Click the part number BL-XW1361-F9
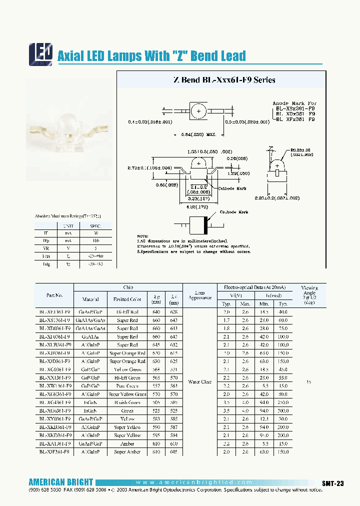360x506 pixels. click(x=54, y=386)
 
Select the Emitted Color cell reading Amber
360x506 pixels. click(x=127, y=443)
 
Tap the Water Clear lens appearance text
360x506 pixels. click(x=199, y=382)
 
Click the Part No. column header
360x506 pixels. click(x=54, y=295)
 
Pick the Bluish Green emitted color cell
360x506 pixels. click(x=127, y=402)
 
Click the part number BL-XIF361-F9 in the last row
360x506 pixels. click(x=54, y=451)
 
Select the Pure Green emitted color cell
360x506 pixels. click(x=127, y=386)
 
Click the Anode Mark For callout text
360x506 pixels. click(x=294, y=102)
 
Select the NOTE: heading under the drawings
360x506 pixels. click(x=143, y=235)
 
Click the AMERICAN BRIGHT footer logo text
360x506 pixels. click(x=60, y=482)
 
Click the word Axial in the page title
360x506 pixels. click(x=70, y=56)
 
